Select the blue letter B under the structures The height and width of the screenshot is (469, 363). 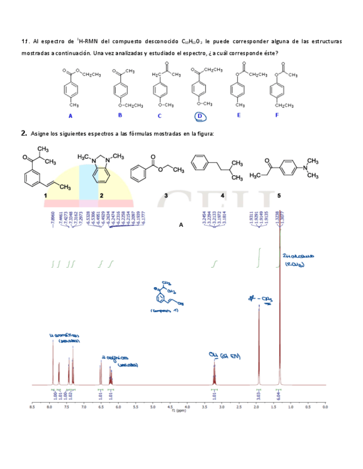120,115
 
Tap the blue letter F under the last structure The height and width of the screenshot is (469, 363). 277,115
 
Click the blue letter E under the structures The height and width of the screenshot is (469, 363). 239,115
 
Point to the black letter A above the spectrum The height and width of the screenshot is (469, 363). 181,225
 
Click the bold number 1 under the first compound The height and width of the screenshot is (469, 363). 45,195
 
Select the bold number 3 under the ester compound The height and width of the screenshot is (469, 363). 166,195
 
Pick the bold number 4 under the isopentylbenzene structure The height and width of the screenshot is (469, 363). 222,195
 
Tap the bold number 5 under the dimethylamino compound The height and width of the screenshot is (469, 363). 279,195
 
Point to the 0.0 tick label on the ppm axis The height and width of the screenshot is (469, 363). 325,407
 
